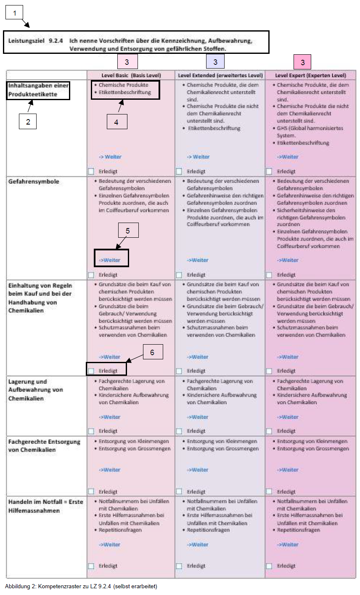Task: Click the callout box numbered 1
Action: tap(15, 13)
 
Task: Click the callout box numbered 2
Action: tap(28, 122)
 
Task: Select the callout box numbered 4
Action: tap(116, 122)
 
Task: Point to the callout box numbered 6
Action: tap(152, 352)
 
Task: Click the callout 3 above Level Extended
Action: tap(215, 62)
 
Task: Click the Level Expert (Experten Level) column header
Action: tap(310, 75)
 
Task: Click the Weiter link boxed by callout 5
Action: tap(110, 260)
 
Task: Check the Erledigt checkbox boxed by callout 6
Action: tap(91, 371)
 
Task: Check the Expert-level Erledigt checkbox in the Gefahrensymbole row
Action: tap(269, 275)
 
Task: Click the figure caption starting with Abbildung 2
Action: tap(81, 586)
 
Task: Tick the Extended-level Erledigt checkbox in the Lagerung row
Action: tap(179, 431)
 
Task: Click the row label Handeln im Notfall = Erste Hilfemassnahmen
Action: tap(45, 506)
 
